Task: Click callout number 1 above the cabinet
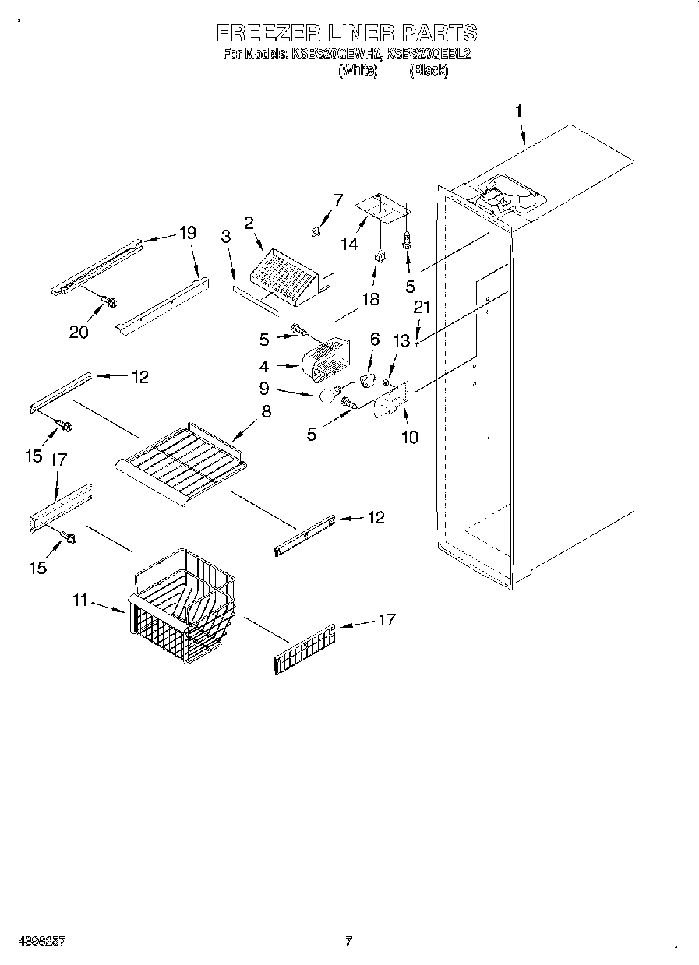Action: pos(518,111)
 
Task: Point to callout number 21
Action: pos(421,308)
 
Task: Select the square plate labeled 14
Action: pos(381,206)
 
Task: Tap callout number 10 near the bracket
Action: pos(409,437)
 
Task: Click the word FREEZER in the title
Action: pos(267,33)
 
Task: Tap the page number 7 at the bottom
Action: pos(348,941)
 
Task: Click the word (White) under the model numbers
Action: pos(358,70)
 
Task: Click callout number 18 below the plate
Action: pos(371,299)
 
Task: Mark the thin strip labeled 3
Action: pos(254,300)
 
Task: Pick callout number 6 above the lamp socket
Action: pos(375,339)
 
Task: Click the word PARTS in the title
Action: pos(439,33)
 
